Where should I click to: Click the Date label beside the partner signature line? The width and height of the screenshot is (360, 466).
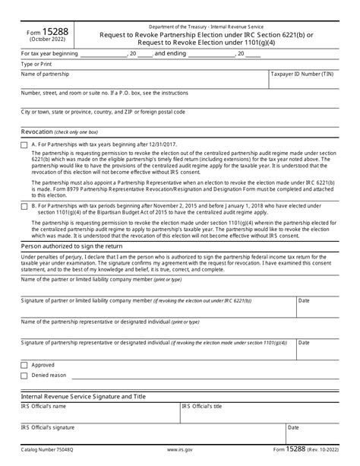[304, 301]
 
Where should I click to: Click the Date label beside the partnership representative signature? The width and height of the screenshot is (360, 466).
[304, 343]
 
